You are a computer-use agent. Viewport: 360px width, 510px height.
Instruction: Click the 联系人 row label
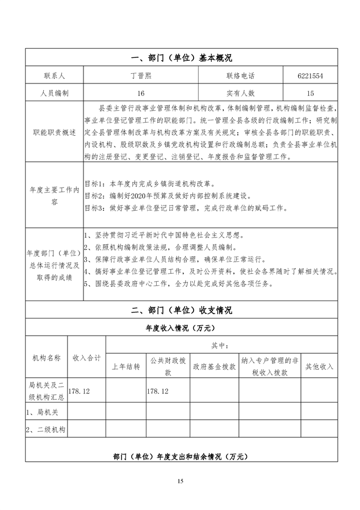tap(54, 76)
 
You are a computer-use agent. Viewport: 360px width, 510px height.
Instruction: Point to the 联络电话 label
tap(240, 76)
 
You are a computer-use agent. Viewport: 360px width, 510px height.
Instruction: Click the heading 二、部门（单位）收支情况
tap(181, 310)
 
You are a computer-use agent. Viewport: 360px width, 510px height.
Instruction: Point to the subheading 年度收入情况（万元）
tap(181, 328)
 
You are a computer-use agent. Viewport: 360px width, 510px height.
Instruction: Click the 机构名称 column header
tap(47, 358)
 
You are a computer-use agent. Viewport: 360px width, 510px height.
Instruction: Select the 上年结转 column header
tap(125, 367)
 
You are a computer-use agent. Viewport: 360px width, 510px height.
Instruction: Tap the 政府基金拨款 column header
tap(214, 367)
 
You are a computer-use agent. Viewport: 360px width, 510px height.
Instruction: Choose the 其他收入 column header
tap(319, 367)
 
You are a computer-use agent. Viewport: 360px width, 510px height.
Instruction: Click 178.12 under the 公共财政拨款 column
tap(158, 391)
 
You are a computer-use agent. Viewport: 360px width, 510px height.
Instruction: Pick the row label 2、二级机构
tap(47, 429)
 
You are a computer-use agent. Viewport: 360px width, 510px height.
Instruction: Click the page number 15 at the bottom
tap(181, 482)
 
